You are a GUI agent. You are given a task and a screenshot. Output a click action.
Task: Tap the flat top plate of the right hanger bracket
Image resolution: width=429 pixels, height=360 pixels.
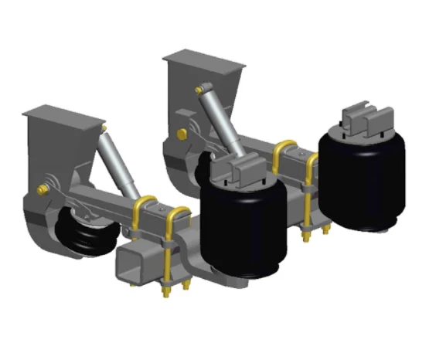(203, 58)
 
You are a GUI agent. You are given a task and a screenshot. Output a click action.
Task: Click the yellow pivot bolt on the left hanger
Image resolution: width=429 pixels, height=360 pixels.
(43, 188)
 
